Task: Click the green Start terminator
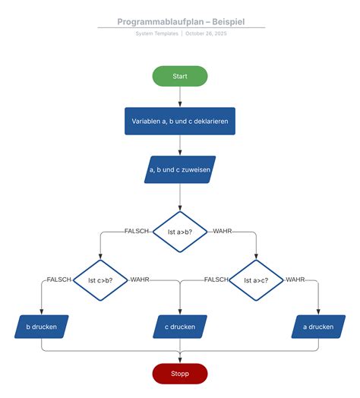click(x=180, y=76)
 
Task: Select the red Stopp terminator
click(x=180, y=373)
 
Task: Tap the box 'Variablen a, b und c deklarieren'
click(x=180, y=121)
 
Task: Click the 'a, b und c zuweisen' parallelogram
click(x=180, y=170)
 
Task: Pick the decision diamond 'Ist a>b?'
click(x=180, y=232)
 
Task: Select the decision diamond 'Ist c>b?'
click(x=101, y=280)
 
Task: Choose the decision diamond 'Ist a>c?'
click(x=257, y=280)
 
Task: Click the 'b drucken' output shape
click(x=41, y=327)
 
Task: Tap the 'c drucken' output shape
click(x=180, y=327)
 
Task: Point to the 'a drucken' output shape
click(x=318, y=327)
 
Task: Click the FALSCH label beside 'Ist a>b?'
click(x=137, y=231)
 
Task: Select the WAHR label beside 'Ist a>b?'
click(x=222, y=231)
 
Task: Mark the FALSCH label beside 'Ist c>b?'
click(x=58, y=280)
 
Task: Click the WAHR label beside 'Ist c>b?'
click(x=140, y=280)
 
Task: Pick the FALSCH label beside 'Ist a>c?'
click(x=216, y=280)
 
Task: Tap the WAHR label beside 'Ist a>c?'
click(x=295, y=280)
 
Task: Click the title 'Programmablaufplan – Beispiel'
click(x=181, y=22)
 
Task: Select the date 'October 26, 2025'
click(x=206, y=34)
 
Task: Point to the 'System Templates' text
click(x=157, y=34)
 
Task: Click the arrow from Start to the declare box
click(x=180, y=96)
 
